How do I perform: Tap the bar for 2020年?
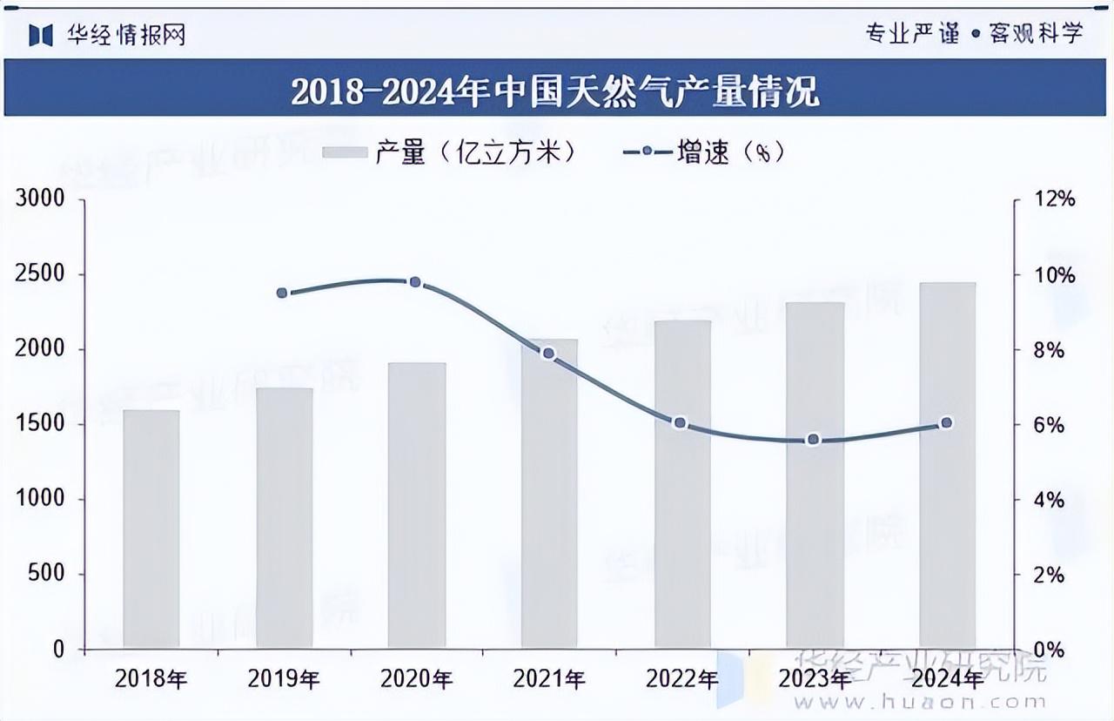(x=417, y=505)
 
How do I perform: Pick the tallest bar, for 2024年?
(x=948, y=465)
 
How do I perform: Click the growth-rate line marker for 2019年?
(x=282, y=293)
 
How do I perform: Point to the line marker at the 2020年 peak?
(x=415, y=282)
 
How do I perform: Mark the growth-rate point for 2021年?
(x=548, y=354)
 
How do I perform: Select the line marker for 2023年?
(x=814, y=440)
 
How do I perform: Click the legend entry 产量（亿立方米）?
(x=449, y=152)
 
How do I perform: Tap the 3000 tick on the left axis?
(x=40, y=199)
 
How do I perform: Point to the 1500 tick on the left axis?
(x=40, y=424)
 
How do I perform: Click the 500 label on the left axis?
(x=46, y=575)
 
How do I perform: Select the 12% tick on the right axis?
(x=1053, y=199)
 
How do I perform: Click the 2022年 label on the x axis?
(x=681, y=679)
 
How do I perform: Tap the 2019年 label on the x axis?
(x=283, y=679)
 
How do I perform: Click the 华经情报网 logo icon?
(x=42, y=34)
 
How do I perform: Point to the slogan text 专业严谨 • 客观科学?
(x=974, y=34)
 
